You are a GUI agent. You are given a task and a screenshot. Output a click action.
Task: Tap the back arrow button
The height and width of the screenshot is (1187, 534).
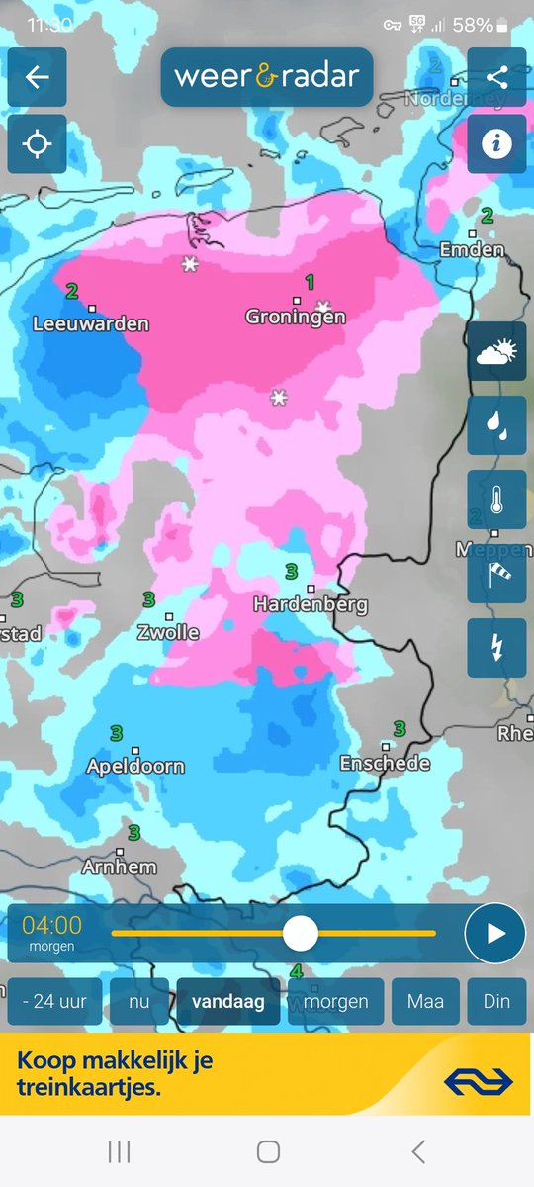pyautogui.click(x=37, y=77)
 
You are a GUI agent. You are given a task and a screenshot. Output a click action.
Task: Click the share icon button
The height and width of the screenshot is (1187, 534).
pyautogui.click(x=496, y=77)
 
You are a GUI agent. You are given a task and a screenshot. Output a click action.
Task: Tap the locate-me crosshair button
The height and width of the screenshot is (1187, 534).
pyautogui.click(x=37, y=144)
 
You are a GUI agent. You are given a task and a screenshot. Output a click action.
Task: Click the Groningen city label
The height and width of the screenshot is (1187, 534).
pyautogui.click(x=296, y=317)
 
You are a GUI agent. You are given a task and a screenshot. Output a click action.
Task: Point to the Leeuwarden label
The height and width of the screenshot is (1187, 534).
pyautogui.click(x=91, y=323)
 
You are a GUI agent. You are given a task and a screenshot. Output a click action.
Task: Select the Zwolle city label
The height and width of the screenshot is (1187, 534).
pyautogui.click(x=169, y=632)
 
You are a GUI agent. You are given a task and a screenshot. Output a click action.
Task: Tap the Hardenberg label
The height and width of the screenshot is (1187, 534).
pyautogui.click(x=311, y=603)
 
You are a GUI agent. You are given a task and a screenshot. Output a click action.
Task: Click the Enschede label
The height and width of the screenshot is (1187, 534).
pyautogui.click(x=385, y=763)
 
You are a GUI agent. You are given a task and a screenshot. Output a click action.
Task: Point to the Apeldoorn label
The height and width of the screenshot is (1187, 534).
pyautogui.click(x=135, y=766)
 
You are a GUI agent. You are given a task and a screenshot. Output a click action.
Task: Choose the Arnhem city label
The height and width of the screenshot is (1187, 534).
pyautogui.click(x=120, y=867)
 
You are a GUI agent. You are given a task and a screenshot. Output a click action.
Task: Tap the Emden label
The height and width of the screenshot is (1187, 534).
pyautogui.click(x=472, y=250)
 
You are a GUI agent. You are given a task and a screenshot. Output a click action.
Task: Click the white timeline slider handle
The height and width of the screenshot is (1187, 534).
pyautogui.click(x=300, y=933)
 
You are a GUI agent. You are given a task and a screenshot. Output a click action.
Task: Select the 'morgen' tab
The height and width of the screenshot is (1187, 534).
pyautogui.click(x=335, y=1001)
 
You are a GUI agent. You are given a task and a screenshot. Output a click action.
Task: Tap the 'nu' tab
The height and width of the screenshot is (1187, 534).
pyautogui.click(x=139, y=1001)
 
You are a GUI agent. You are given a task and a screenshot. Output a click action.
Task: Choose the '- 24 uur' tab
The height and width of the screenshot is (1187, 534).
pyautogui.click(x=54, y=1001)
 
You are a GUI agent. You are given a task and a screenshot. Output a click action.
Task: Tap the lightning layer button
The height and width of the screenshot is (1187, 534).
pyautogui.click(x=496, y=648)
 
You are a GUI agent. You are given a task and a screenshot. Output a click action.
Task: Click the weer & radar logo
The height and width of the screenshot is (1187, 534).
pyautogui.click(x=267, y=76)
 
